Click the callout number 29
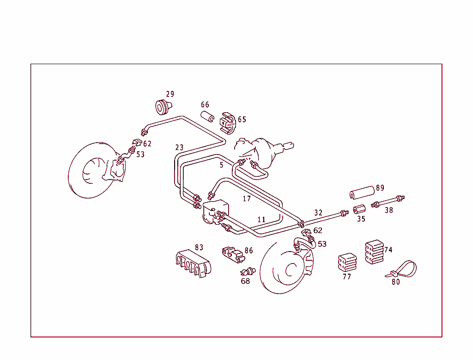[x=170, y=94]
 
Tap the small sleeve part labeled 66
[x=207, y=116]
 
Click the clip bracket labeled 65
[x=228, y=121]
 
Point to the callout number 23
[x=179, y=148]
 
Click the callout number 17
[x=247, y=198]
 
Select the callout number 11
[x=261, y=220]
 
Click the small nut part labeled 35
[x=358, y=210]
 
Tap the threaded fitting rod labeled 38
[x=388, y=201]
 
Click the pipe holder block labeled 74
[x=375, y=252]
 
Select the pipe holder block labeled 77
[x=347, y=263]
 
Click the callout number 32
[x=318, y=213]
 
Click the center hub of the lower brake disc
[x=291, y=270]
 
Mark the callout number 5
[x=221, y=165]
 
